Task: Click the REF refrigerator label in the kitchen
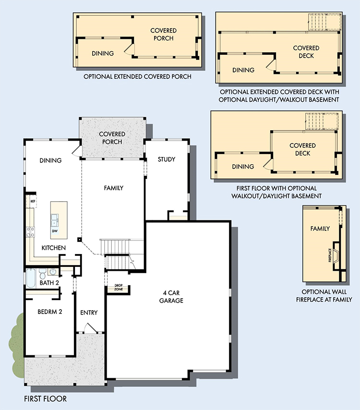click(33, 201)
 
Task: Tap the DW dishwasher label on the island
click(55, 231)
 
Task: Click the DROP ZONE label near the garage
click(119, 288)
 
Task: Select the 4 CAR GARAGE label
click(171, 297)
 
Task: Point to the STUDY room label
click(167, 159)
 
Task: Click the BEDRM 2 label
click(50, 312)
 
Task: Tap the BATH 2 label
click(49, 283)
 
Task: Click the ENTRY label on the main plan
click(89, 313)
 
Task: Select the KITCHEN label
click(54, 248)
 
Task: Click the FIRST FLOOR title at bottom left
click(46, 399)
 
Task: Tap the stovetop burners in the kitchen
click(30, 232)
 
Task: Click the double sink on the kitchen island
click(55, 220)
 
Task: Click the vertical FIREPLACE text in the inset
click(330, 255)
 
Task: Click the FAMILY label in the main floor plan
click(113, 188)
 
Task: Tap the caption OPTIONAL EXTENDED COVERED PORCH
click(137, 77)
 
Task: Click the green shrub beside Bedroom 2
click(16, 345)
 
